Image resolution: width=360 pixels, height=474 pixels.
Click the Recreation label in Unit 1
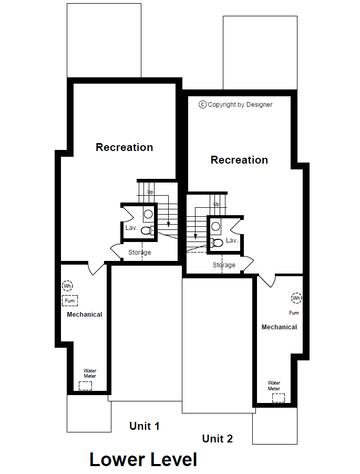coord(125,147)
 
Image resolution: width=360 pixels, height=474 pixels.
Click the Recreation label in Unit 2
coord(239,160)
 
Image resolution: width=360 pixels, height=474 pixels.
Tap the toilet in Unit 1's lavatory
coord(148,231)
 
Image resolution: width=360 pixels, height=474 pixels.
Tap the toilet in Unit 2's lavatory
coord(216,243)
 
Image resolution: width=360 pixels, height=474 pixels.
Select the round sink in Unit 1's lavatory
coord(148,214)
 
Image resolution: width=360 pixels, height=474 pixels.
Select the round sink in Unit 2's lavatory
coord(215,226)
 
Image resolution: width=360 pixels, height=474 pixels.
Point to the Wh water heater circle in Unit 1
coord(68,286)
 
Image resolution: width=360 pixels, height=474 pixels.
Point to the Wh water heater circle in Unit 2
coord(296,298)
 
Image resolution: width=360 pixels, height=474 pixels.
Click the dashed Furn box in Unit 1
coord(70,301)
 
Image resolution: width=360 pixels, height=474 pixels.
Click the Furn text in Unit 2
coord(294,313)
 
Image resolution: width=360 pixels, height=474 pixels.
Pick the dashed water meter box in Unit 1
coord(86,386)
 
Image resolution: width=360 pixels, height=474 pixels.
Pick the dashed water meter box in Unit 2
coord(279,398)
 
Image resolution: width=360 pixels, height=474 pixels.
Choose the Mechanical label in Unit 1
coord(85,315)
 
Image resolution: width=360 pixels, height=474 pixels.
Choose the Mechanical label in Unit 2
coord(280,327)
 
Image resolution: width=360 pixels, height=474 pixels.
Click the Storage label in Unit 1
coord(139,253)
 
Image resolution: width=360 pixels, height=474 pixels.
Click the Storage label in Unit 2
coord(224,265)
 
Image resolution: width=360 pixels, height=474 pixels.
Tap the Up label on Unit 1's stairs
coord(150,192)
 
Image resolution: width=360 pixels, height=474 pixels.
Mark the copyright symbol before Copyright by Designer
coord(202,105)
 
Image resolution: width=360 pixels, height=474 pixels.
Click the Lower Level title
coord(143,459)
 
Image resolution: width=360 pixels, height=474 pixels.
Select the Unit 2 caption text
coord(218,439)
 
